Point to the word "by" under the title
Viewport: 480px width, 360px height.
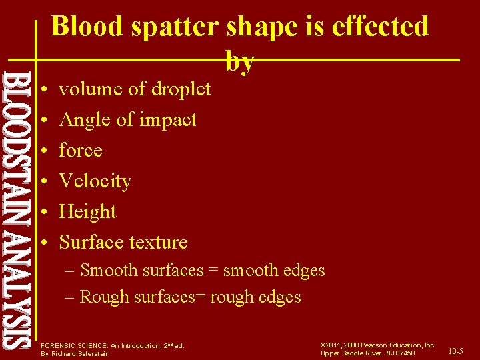(240, 62)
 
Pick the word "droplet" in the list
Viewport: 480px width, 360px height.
(181, 89)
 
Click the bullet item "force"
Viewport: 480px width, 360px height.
(80, 150)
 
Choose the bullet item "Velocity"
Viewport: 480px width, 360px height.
(95, 181)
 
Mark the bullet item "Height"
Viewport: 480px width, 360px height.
(87, 211)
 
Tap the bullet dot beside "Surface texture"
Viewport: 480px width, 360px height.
(41, 243)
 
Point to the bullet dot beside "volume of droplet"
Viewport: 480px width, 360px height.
(41, 89)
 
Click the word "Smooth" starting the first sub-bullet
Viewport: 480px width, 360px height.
(107, 270)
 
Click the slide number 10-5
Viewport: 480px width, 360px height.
(456, 351)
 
